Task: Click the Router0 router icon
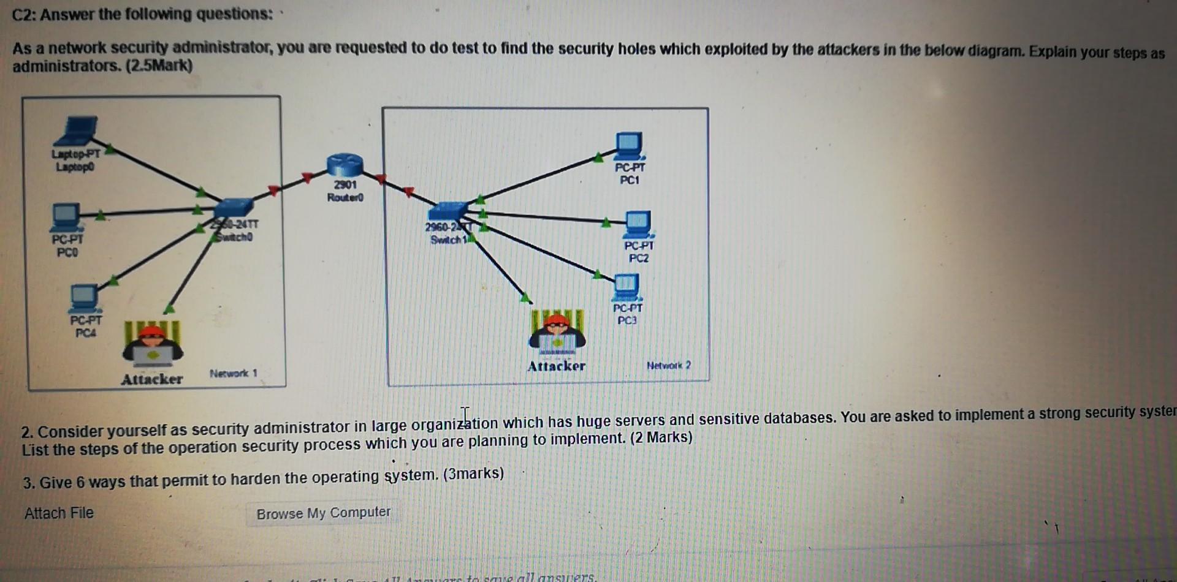[345, 166]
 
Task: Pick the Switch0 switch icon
[234, 208]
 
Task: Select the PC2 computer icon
[638, 224]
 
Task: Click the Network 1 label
[234, 373]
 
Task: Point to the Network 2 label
[669, 365]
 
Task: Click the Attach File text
[59, 513]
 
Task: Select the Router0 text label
[345, 197]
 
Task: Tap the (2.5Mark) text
[159, 66]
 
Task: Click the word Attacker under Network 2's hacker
[556, 366]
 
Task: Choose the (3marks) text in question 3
[475, 474]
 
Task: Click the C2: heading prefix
[25, 14]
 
